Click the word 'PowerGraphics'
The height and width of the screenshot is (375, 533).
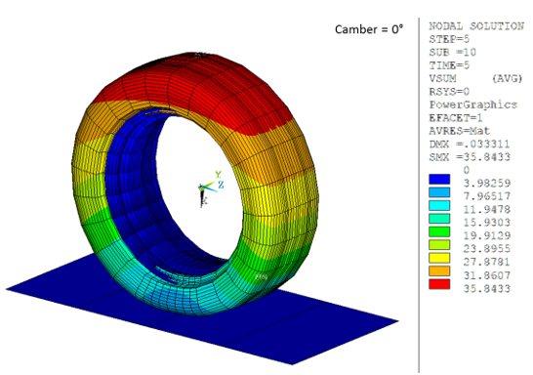click(466, 104)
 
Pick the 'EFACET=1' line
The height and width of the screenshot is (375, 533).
click(453, 117)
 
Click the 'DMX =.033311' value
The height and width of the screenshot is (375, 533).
click(466, 144)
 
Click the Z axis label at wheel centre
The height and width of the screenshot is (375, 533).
click(221, 184)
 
